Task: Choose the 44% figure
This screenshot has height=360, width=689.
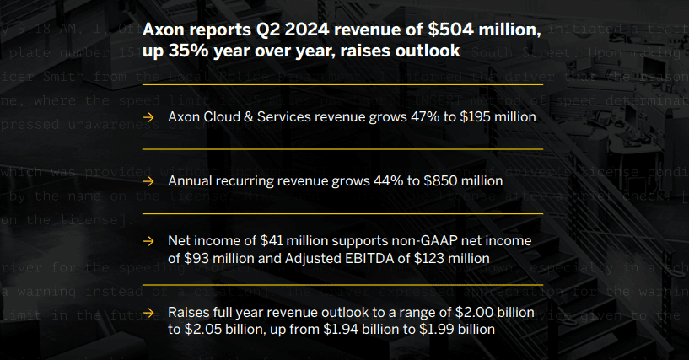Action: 380,180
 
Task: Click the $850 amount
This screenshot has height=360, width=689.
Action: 434,180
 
